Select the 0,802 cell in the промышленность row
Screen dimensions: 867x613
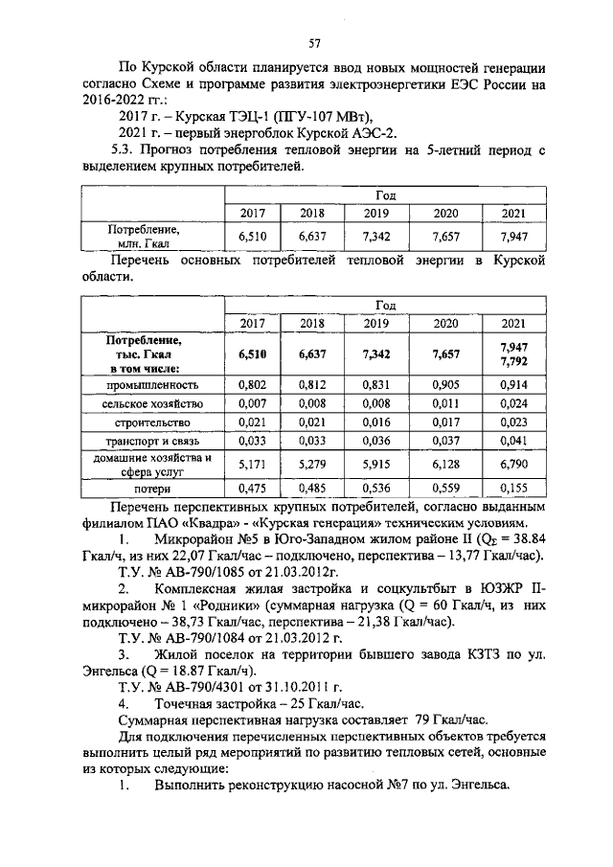point(251,384)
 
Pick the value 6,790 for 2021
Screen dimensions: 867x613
point(512,465)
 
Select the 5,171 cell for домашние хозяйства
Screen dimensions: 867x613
point(251,465)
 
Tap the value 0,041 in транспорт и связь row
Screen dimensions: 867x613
point(512,441)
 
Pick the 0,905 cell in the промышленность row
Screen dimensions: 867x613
point(445,384)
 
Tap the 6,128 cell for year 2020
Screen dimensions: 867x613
point(445,465)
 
